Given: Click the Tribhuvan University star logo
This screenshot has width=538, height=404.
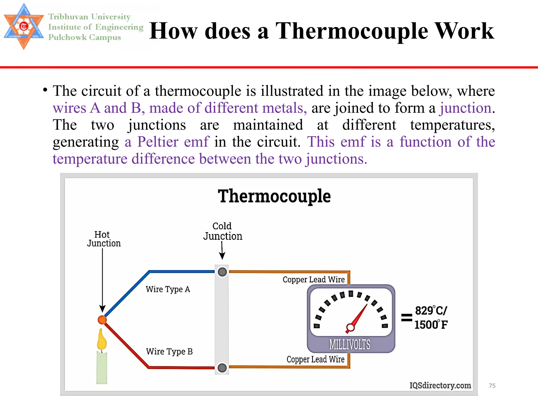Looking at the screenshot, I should tap(24, 26).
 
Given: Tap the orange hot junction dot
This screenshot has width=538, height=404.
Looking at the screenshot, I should tap(102, 320).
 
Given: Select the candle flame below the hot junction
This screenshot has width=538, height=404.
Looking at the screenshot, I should tap(102, 340).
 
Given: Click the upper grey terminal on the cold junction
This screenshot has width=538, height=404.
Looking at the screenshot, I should tap(222, 272).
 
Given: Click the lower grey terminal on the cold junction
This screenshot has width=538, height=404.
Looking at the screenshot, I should tap(222, 368).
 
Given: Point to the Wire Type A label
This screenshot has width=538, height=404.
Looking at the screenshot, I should tap(168, 289).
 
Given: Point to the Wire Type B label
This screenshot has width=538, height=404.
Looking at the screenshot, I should tap(169, 351).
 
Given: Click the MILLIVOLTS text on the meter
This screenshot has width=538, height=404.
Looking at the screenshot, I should tap(350, 345).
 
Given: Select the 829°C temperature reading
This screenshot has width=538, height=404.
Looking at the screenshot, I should tap(431, 311).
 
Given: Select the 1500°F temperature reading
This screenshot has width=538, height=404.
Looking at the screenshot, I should tap(431, 325).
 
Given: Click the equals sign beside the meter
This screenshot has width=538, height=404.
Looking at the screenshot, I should tap(406, 318).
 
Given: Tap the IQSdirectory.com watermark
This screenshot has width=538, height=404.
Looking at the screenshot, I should tap(440, 385).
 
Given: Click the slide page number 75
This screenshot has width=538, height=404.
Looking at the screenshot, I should tap(492, 386).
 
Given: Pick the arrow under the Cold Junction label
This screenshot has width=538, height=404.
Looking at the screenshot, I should tap(222, 251).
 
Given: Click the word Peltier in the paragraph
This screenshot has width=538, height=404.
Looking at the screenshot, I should tap(158, 142).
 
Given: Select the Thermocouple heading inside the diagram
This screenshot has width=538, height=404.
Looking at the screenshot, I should tap(274, 196).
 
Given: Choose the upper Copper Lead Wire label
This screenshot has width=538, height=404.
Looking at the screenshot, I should tap(314, 280).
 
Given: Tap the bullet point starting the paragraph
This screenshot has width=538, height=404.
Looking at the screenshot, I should tap(45, 90).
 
